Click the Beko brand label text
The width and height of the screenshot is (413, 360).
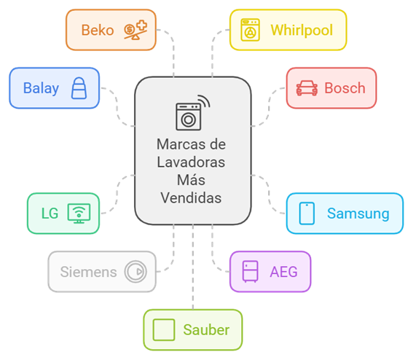coord(98,30)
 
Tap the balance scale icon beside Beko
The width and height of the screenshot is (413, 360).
coord(135,30)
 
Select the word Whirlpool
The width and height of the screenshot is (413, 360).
coord(302,31)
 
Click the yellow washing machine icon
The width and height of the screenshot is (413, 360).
coord(251,30)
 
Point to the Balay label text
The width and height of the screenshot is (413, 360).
coord(41,89)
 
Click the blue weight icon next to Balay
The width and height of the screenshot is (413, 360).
coord(79,88)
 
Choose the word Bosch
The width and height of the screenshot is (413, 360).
coord(345,88)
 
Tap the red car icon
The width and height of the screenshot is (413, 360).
coord(307,88)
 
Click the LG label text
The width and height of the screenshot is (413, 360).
coord(50,214)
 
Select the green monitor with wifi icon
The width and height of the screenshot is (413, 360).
coord(79,214)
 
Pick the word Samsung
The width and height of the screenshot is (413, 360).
coord(358,214)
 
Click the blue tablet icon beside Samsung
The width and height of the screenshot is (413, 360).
coord(307,214)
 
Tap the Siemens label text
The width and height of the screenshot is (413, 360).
coord(89,272)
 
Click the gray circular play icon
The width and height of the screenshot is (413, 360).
coord(135,272)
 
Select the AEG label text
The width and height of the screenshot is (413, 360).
coord(283,272)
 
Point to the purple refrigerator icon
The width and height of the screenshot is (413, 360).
coord(251,272)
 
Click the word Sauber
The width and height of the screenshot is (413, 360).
coord(207,330)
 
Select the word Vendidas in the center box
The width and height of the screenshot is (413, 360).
coord(192,198)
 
